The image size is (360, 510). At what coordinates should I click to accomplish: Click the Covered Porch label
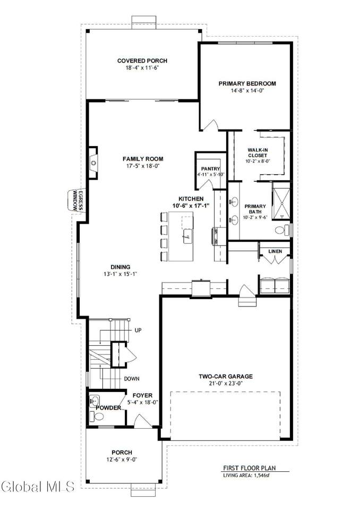coord(142,61)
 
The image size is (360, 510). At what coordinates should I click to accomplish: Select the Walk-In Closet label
coord(258,152)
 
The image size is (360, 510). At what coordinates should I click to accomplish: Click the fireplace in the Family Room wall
coord(93,163)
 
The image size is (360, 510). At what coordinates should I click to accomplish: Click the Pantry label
coord(210,169)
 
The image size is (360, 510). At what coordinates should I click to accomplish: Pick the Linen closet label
coord(275,251)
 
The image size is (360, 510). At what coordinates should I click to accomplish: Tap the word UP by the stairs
coord(138,330)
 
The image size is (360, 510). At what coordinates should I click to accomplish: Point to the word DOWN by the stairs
coord(132,379)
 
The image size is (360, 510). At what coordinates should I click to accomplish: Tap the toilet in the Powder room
coord(97,416)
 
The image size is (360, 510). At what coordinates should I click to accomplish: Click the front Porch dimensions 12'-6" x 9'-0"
coord(122,460)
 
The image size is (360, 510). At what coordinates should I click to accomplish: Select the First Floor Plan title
coord(250,468)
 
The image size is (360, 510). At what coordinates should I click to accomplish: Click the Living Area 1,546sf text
coord(246,475)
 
